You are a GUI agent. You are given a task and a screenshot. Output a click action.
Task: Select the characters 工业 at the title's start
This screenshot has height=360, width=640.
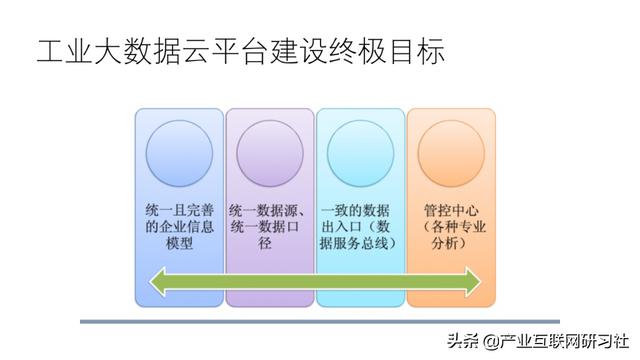pos(62,52)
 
